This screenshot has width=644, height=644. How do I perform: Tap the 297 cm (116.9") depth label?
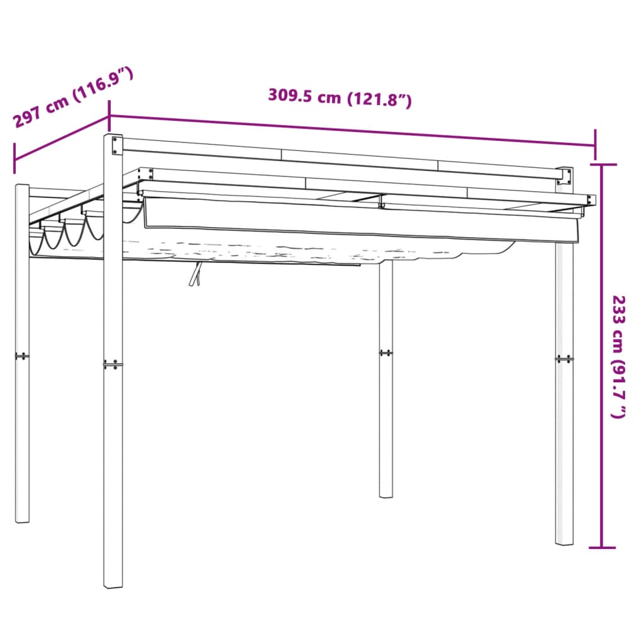click(x=73, y=97)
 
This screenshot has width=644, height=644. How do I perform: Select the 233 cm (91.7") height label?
click(x=619, y=357)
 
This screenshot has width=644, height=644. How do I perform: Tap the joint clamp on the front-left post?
click(x=113, y=365)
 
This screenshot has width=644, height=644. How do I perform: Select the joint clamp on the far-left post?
click(x=22, y=356)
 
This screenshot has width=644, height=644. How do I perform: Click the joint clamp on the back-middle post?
click(x=386, y=353)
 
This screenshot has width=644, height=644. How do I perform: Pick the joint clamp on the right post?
click(x=564, y=359)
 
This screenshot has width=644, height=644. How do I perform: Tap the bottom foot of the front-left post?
click(x=113, y=584)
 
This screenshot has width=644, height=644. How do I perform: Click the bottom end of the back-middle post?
click(x=386, y=494)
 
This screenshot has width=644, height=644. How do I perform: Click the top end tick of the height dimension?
click(x=603, y=164)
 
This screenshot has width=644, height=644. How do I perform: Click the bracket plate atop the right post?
click(x=565, y=177)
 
